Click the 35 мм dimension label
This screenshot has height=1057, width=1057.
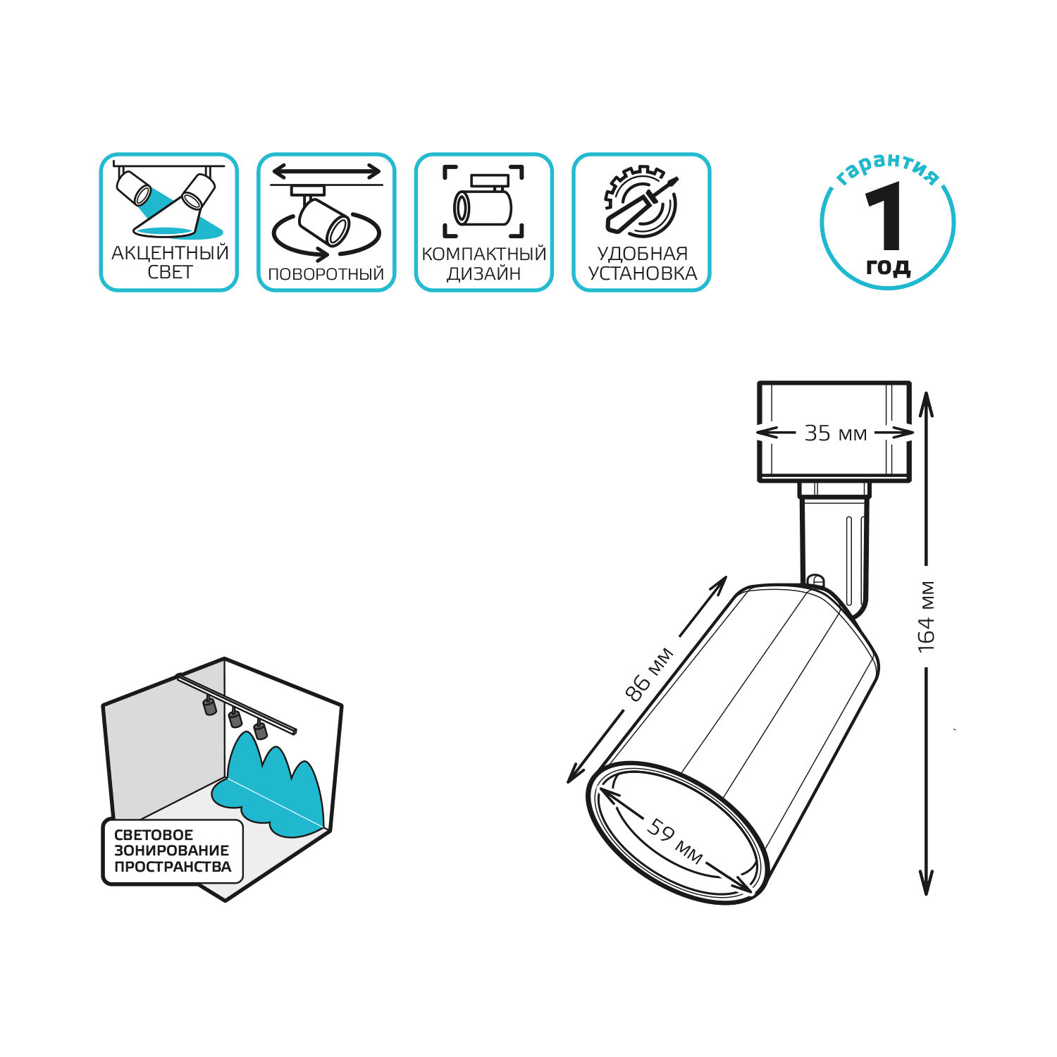(836, 433)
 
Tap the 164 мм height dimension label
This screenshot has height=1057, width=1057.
(927, 617)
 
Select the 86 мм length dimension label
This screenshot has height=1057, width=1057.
(649, 674)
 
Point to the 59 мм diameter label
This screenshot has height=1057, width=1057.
(674, 841)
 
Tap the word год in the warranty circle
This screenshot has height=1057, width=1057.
(888, 266)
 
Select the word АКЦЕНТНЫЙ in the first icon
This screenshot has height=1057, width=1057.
(170, 252)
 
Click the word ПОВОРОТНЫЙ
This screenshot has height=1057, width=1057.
(326, 274)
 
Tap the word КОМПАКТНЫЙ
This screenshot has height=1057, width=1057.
(484, 254)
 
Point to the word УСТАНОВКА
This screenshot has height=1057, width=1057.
(643, 273)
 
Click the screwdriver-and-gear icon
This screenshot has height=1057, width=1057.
(641, 202)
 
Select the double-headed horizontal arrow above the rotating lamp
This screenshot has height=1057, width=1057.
(326, 171)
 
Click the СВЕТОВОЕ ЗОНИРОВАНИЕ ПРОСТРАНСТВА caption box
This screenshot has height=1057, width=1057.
(173, 851)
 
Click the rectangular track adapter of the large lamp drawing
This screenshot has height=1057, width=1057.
(834, 431)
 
